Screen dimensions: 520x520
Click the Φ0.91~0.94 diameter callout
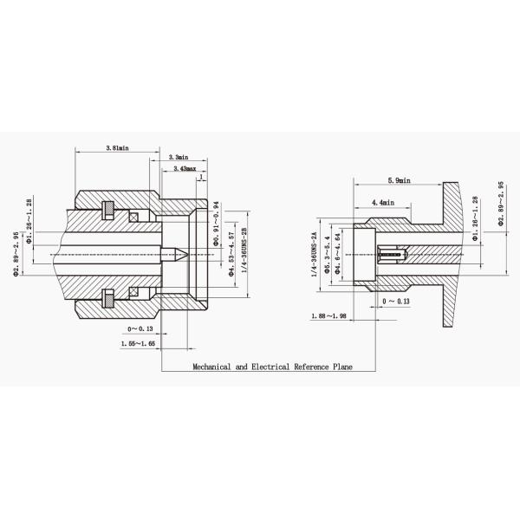point(217,224)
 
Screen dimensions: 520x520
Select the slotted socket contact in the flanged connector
point(393,254)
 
